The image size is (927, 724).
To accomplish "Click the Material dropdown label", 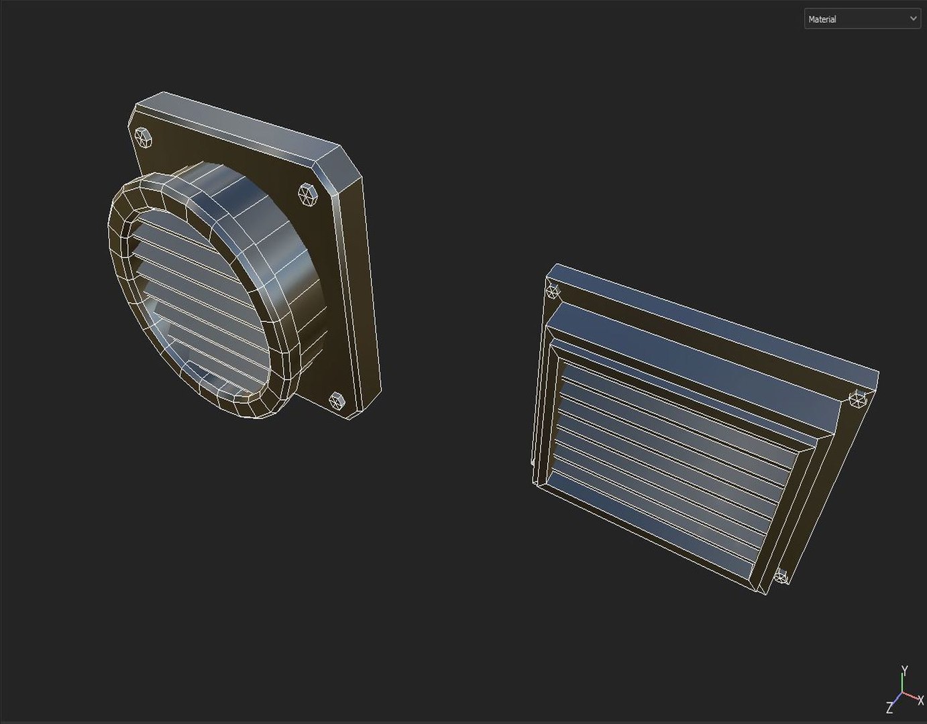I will (822, 19).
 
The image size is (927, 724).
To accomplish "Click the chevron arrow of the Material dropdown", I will (913, 19).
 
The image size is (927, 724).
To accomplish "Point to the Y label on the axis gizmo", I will (904, 670).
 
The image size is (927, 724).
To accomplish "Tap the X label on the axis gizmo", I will (920, 701).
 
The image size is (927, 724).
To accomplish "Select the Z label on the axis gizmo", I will (889, 709).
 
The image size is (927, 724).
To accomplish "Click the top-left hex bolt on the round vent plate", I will (143, 137).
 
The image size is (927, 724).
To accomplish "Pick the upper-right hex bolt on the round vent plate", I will (307, 194).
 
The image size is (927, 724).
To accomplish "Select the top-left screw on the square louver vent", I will (553, 290).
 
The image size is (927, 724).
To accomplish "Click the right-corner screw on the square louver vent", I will (857, 400).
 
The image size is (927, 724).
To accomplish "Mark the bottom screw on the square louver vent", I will (781, 576).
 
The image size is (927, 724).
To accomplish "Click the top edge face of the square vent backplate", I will (711, 318).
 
